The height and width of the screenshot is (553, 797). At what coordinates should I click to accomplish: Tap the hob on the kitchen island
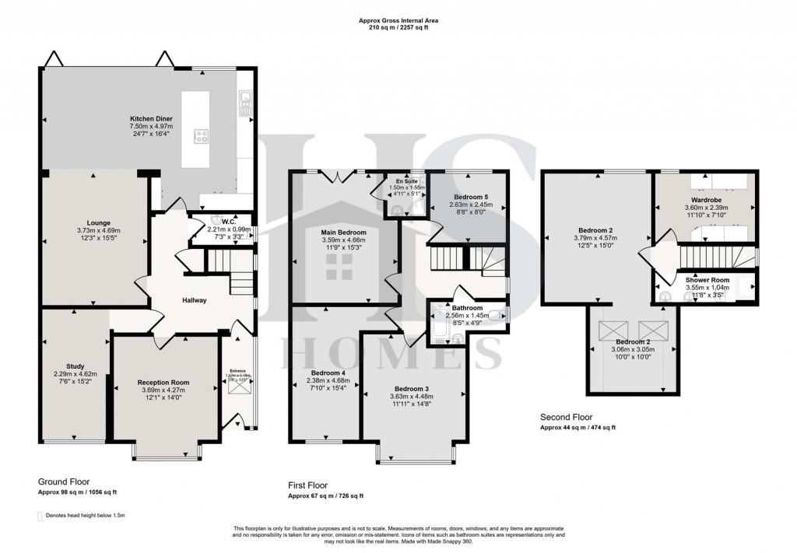click(202, 137)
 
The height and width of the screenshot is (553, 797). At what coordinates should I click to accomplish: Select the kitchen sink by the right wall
click(245, 99)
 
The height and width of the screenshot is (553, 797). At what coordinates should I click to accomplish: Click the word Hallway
click(195, 300)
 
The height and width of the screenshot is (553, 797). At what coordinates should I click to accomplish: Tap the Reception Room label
click(163, 382)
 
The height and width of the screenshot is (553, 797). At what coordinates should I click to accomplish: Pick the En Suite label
click(406, 180)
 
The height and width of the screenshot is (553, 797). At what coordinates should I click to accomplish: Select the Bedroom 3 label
click(413, 388)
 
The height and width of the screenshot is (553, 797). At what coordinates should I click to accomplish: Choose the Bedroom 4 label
click(327, 373)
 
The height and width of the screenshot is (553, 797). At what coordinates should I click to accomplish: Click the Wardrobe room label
click(706, 199)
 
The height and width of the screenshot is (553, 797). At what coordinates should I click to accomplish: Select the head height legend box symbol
click(40, 516)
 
